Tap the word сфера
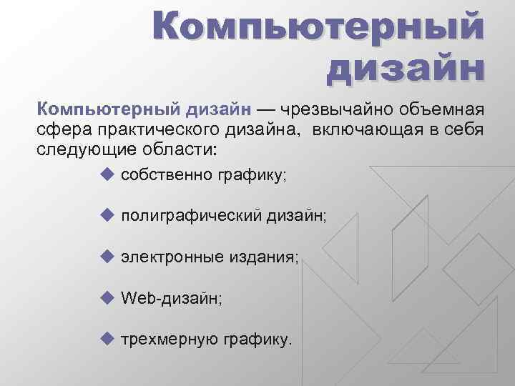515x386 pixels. point(59,131)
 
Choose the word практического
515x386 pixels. point(143,131)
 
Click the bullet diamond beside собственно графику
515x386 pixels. point(107,174)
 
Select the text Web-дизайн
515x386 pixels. point(172,297)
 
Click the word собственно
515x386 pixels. point(162,175)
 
